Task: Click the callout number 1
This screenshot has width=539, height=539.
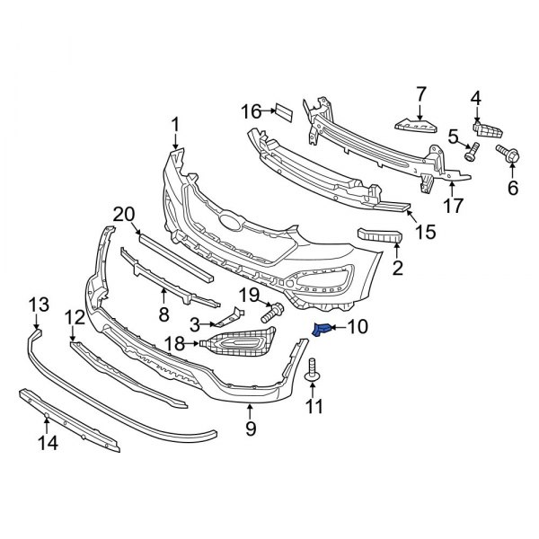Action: pyautogui.click(x=176, y=124)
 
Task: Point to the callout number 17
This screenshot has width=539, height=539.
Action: pyautogui.click(x=453, y=205)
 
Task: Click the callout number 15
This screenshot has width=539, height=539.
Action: pyautogui.click(x=423, y=232)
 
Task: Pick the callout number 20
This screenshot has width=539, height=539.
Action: pyautogui.click(x=124, y=214)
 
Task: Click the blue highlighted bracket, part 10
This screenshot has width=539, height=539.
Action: pyautogui.click(x=322, y=331)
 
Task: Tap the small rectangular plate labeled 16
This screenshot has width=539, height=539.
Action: pyautogui.click(x=282, y=111)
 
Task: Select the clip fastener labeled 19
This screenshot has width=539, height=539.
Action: pyautogui.click(x=272, y=314)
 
